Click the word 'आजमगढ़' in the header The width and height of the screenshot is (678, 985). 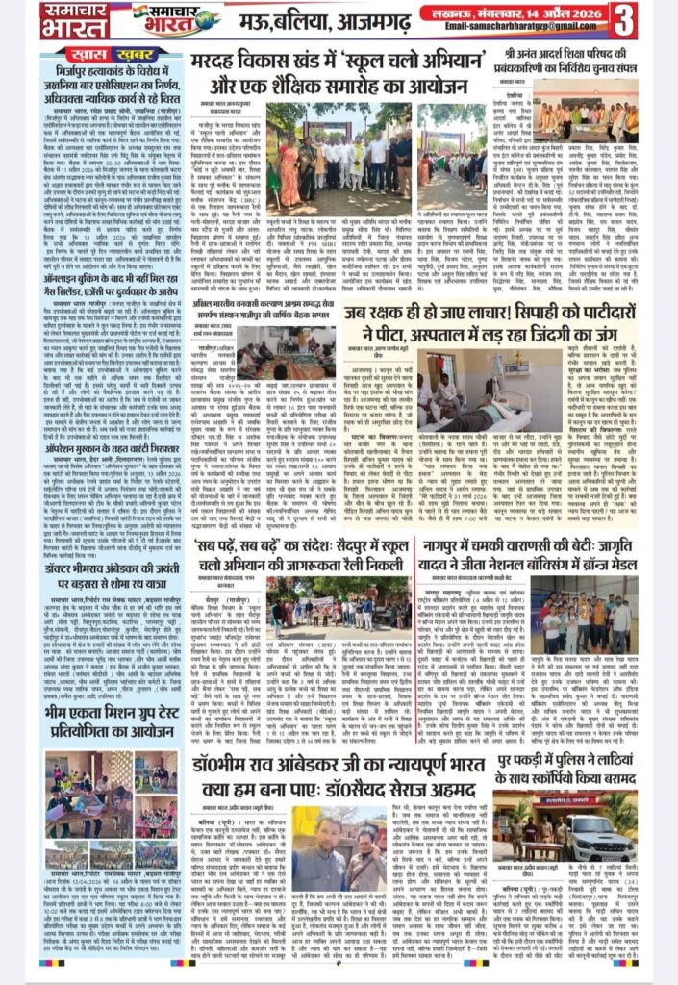(x=360, y=20)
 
